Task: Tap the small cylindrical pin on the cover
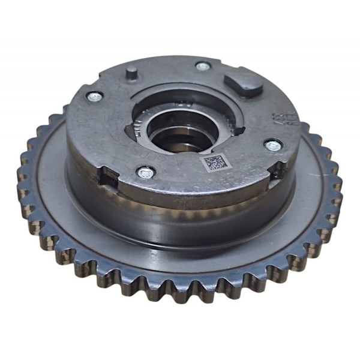click(131, 75)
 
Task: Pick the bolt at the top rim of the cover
click(202, 67)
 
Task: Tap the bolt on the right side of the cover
click(273, 145)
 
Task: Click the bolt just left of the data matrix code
click(145, 173)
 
